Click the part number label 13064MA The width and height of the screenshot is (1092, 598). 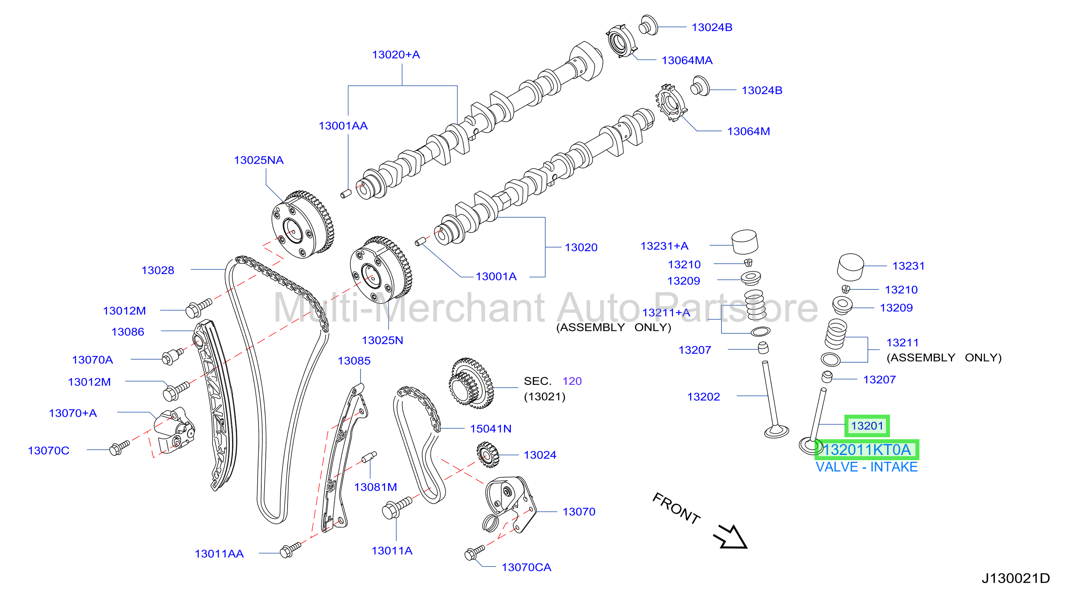(x=687, y=60)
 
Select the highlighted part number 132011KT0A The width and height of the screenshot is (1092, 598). (x=867, y=450)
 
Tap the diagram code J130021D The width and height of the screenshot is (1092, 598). (x=1016, y=578)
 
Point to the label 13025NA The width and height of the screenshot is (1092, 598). (x=258, y=160)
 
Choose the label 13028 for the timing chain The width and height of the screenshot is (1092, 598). (x=158, y=270)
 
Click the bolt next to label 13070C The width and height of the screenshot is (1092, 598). (x=119, y=447)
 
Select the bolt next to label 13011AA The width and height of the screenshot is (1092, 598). (x=290, y=550)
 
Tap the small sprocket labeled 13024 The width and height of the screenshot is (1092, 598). (x=488, y=455)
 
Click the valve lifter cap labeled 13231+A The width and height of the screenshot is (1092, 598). (x=745, y=242)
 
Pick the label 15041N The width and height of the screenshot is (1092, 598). (x=490, y=429)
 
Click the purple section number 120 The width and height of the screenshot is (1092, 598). (x=572, y=381)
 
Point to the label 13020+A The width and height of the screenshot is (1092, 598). (x=396, y=55)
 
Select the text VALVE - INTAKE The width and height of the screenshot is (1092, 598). (x=867, y=467)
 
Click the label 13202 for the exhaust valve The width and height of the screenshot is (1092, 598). (x=703, y=397)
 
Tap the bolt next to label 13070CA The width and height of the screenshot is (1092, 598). (x=475, y=552)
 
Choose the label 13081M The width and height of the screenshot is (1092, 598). (x=375, y=487)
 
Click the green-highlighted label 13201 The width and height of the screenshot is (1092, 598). (x=867, y=426)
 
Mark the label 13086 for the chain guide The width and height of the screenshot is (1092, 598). (x=127, y=332)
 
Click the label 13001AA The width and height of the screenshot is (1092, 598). (x=343, y=126)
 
